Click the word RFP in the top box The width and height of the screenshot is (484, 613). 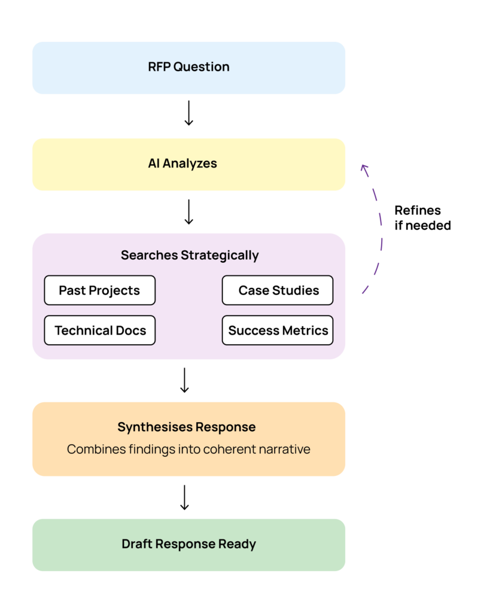point(159,67)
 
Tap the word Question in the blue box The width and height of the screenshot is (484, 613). point(201,67)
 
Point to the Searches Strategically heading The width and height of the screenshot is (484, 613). point(189,255)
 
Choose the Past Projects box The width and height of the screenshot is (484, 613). point(99,290)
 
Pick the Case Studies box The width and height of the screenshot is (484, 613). point(278,290)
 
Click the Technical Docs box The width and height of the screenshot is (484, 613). point(99,330)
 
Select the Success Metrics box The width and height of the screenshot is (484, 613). point(278,330)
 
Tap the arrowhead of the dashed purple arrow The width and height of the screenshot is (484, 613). point(364,168)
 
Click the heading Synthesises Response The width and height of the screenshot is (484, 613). point(186,427)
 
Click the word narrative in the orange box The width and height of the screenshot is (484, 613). point(286,449)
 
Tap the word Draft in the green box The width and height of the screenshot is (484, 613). point(137,544)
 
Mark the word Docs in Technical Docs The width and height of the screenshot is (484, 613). point(131,330)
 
